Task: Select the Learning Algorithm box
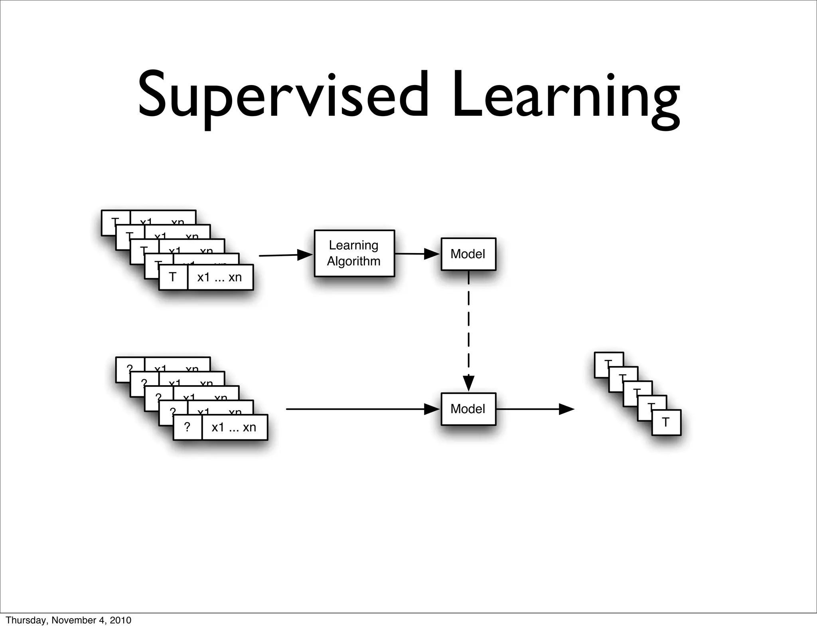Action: pyautogui.click(x=354, y=253)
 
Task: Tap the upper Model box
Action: pyautogui.click(x=468, y=254)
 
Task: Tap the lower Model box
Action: pyautogui.click(x=468, y=409)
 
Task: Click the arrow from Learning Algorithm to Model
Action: pyautogui.click(x=417, y=254)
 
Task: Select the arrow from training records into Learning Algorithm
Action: pyautogui.click(x=286, y=255)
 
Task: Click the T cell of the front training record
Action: pyautogui.click(x=173, y=277)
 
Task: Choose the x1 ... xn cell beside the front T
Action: pyautogui.click(x=220, y=277)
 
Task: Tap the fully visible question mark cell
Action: pyautogui.click(x=187, y=427)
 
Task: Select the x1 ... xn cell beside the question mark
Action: pyautogui.click(x=234, y=427)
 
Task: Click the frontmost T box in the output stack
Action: pyautogui.click(x=666, y=422)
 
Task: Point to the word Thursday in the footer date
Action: pyautogui.click(x=22, y=620)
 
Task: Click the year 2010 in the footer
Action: pyautogui.click(x=120, y=620)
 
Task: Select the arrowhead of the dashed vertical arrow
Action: pyautogui.click(x=468, y=383)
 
